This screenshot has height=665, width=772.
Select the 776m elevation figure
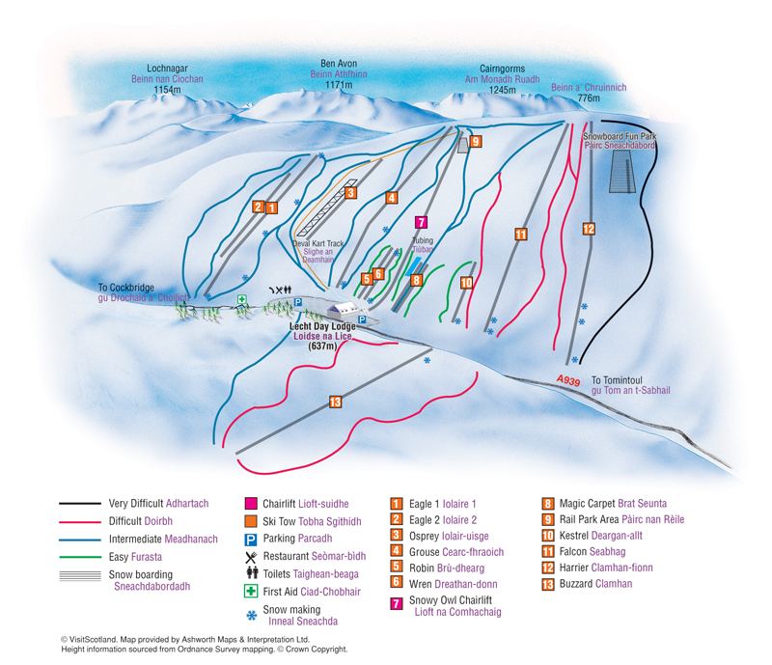pyautogui.click(x=588, y=98)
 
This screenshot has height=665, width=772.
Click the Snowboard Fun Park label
pyautogui.click(x=620, y=138)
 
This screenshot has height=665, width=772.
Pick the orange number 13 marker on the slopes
pyautogui.click(x=335, y=401)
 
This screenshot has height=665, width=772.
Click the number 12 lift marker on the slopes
pyautogui.click(x=588, y=229)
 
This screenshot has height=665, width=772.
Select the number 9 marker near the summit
pyautogui.click(x=476, y=141)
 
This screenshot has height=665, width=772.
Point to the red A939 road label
pyautogui.click(x=568, y=381)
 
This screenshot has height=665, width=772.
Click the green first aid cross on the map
pyautogui.click(x=242, y=300)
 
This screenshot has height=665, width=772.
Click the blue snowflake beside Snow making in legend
pyautogui.click(x=251, y=614)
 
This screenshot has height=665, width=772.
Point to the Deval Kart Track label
pyautogui.click(x=318, y=245)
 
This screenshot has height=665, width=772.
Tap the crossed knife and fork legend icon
pyautogui.click(x=251, y=557)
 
